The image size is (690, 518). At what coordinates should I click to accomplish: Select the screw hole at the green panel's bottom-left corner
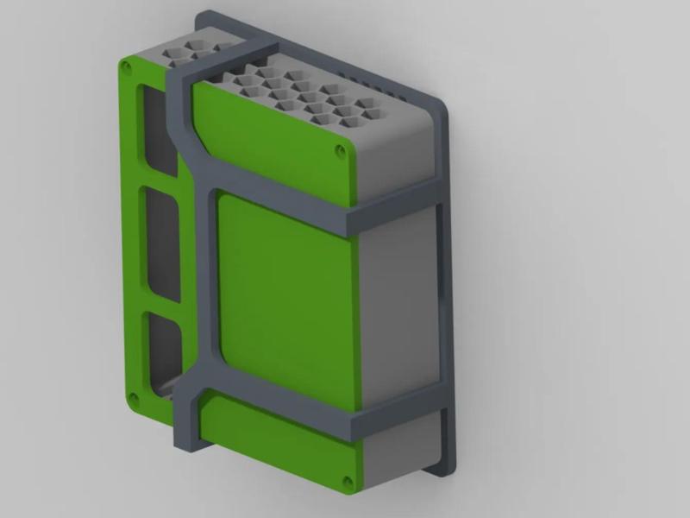point(134,398)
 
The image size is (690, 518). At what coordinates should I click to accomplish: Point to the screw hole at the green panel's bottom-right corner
point(347,481)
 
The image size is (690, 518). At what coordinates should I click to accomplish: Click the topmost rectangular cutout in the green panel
point(158,129)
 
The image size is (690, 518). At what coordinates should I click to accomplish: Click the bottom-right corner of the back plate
point(445,466)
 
